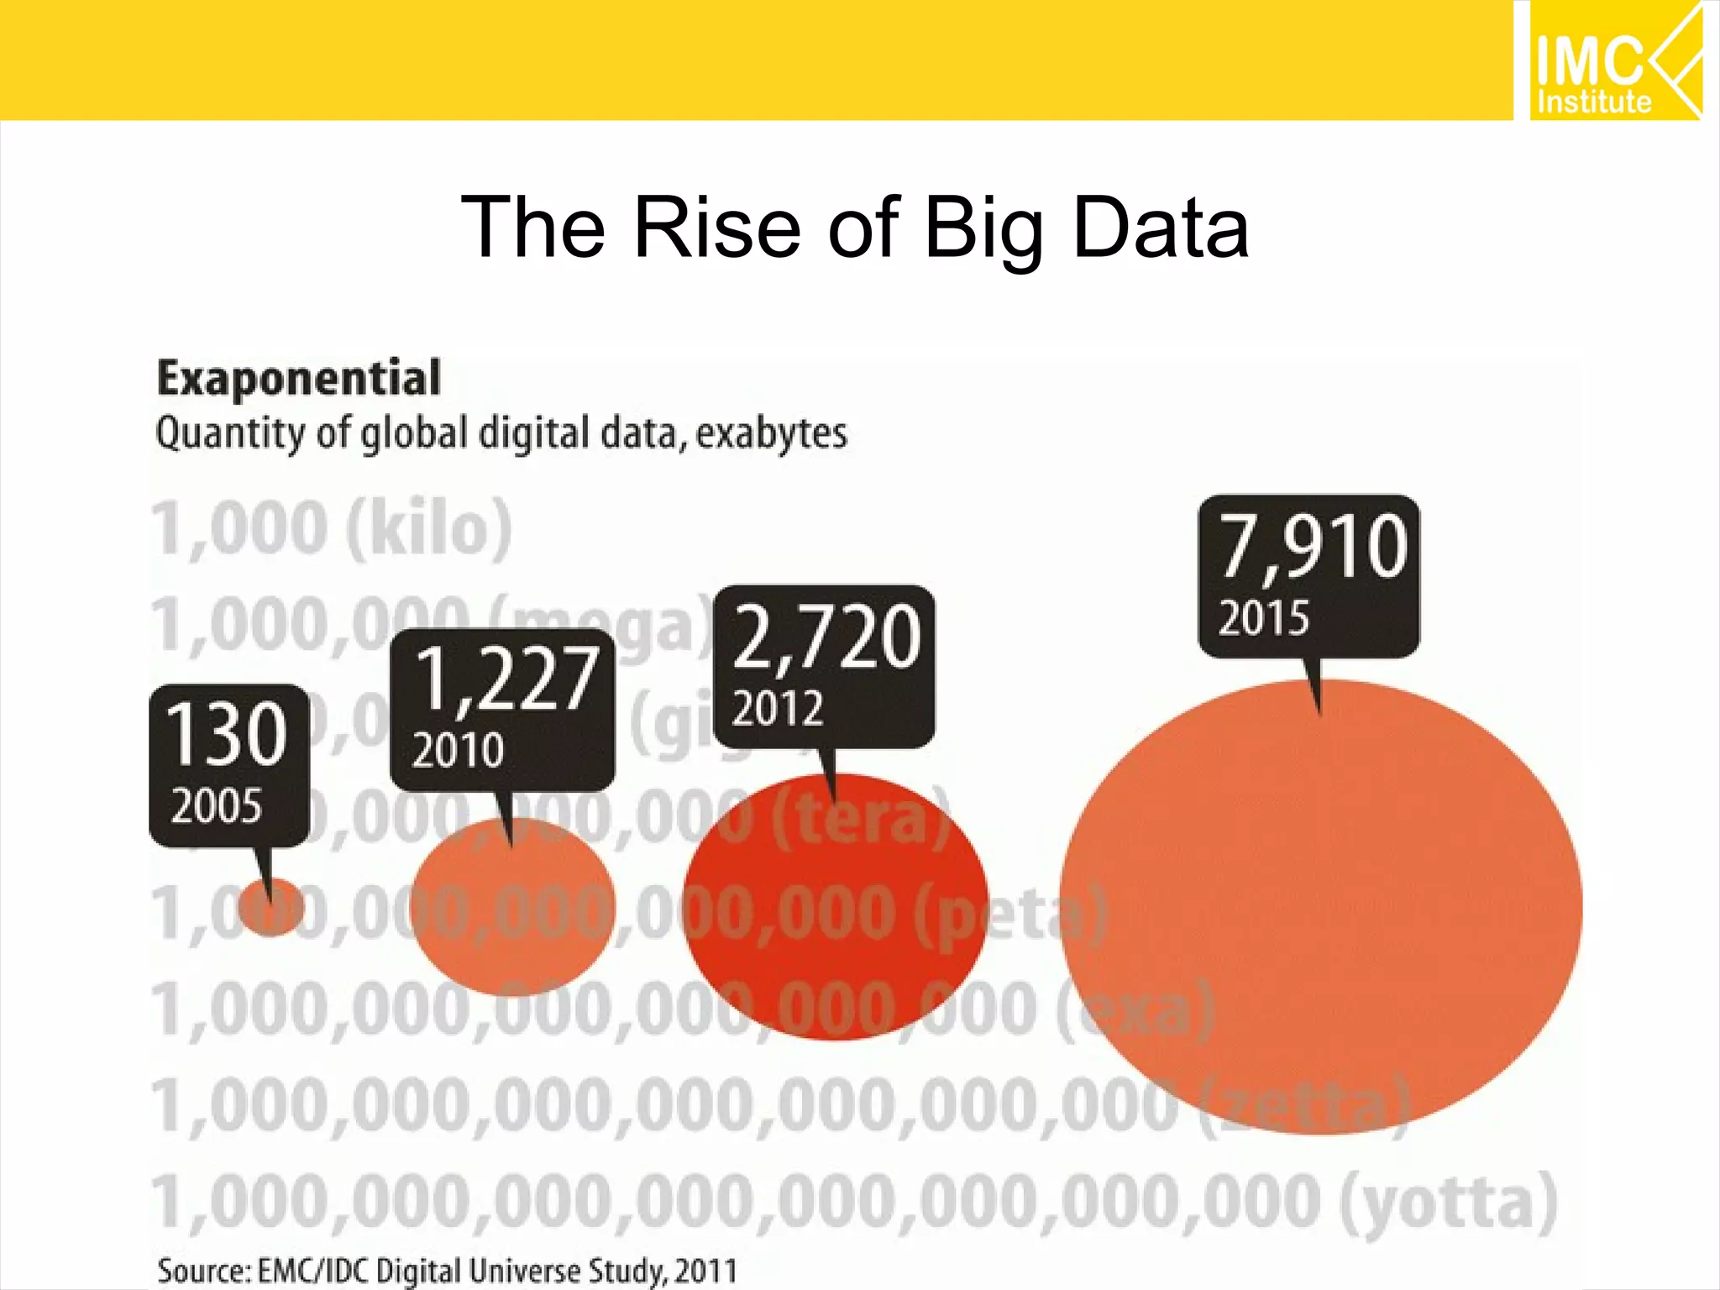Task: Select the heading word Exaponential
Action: [x=299, y=379]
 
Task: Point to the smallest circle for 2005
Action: [x=271, y=907]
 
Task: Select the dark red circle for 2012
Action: [x=835, y=907]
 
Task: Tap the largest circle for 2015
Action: [x=1320, y=907]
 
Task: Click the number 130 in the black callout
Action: [x=227, y=735]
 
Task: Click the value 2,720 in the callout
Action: [x=826, y=637]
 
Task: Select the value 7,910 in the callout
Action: [x=1312, y=548]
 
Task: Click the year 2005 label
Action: [x=217, y=806]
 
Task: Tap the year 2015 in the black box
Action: [x=1263, y=619]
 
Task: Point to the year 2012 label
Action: [x=777, y=708]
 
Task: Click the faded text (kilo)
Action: [x=429, y=529]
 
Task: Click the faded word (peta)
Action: [x=1008, y=913]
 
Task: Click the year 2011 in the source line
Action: [x=708, y=1271]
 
